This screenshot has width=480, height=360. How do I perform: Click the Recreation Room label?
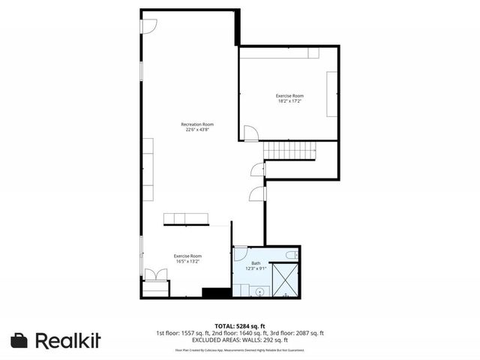(197, 124)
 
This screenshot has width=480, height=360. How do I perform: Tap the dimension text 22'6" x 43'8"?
(197, 130)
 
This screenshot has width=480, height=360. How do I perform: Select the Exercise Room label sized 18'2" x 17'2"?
(289, 96)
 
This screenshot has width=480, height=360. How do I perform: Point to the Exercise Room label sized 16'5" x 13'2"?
(187, 256)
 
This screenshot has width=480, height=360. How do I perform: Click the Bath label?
(256, 262)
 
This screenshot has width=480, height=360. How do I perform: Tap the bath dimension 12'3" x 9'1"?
(256, 268)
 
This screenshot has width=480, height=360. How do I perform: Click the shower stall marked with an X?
(285, 279)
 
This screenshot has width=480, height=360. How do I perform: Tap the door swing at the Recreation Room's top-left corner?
(148, 26)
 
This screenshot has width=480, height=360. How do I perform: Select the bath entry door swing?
(241, 254)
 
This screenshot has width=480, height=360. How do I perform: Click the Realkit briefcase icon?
(19, 340)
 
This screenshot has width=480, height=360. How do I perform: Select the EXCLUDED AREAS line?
(239, 340)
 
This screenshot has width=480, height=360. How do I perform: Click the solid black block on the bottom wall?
(214, 292)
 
